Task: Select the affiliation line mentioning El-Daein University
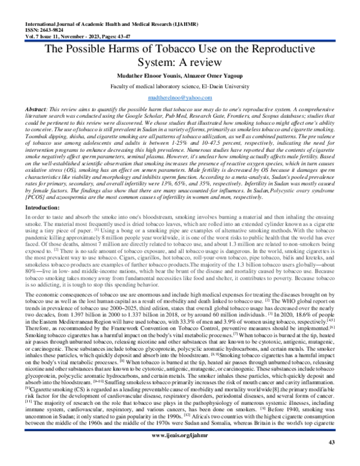[x=180, y=86]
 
